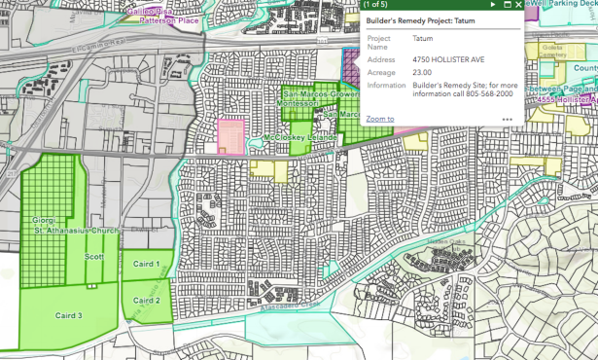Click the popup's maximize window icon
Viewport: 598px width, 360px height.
pyautogui.click(x=507, y=5)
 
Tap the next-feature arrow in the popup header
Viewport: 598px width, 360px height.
pyautogui.click(x=493, y=5)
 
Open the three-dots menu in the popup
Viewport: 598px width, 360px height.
pyautogui.click(x=507, y=120)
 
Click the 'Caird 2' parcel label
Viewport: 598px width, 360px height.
pyautogui.click(x=146, y=300)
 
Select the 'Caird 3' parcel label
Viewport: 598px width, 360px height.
pyautogui.click(x=66, y=316)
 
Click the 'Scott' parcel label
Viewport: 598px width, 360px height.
pyautogui.click(x=94, y=257)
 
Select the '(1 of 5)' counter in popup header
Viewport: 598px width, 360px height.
pyautogui.click(x=375, y=5)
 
